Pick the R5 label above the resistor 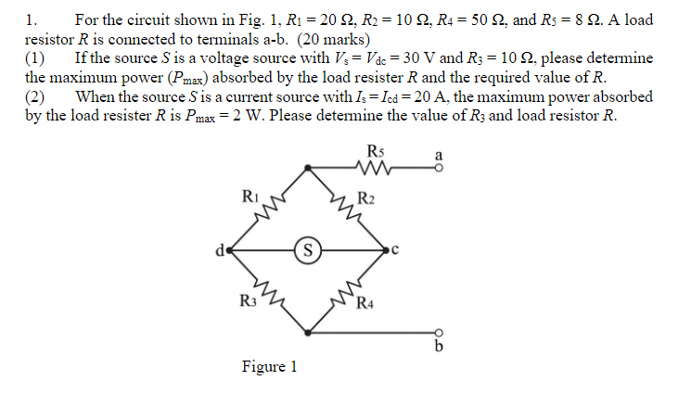[376, 151]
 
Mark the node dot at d [229, 247]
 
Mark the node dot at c [387, 247]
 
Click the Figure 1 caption [269, 367]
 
